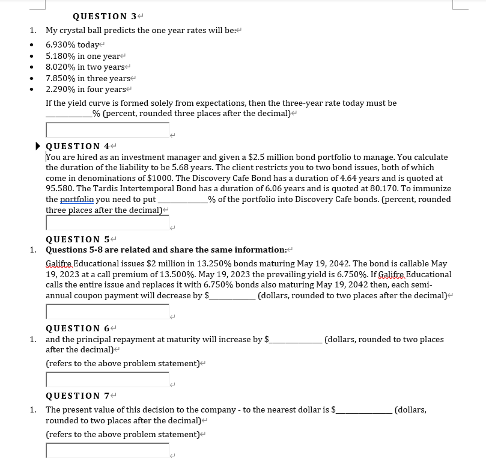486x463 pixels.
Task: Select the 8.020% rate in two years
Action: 61,67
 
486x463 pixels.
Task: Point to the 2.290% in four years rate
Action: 61,89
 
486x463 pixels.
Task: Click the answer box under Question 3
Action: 108,130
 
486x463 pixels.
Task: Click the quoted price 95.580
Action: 59,189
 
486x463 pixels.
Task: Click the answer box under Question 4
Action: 108,223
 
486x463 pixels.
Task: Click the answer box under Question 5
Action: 108,311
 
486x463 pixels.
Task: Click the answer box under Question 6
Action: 108,379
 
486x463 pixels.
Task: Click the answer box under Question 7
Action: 108,450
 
